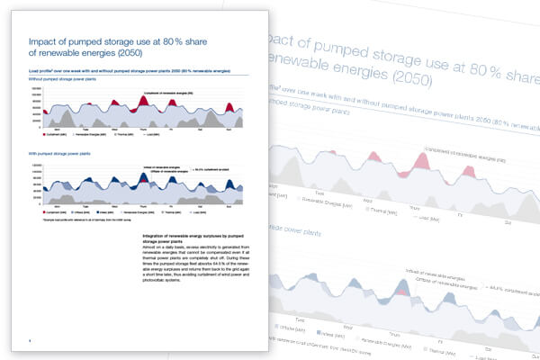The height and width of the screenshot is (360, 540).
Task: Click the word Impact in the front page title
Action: click(43, 41)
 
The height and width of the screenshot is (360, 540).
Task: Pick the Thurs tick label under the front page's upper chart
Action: click(141, 129)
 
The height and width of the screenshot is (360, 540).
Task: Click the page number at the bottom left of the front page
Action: click(31, 340)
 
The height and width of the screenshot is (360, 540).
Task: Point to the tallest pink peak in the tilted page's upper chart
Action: click(418, 165)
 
